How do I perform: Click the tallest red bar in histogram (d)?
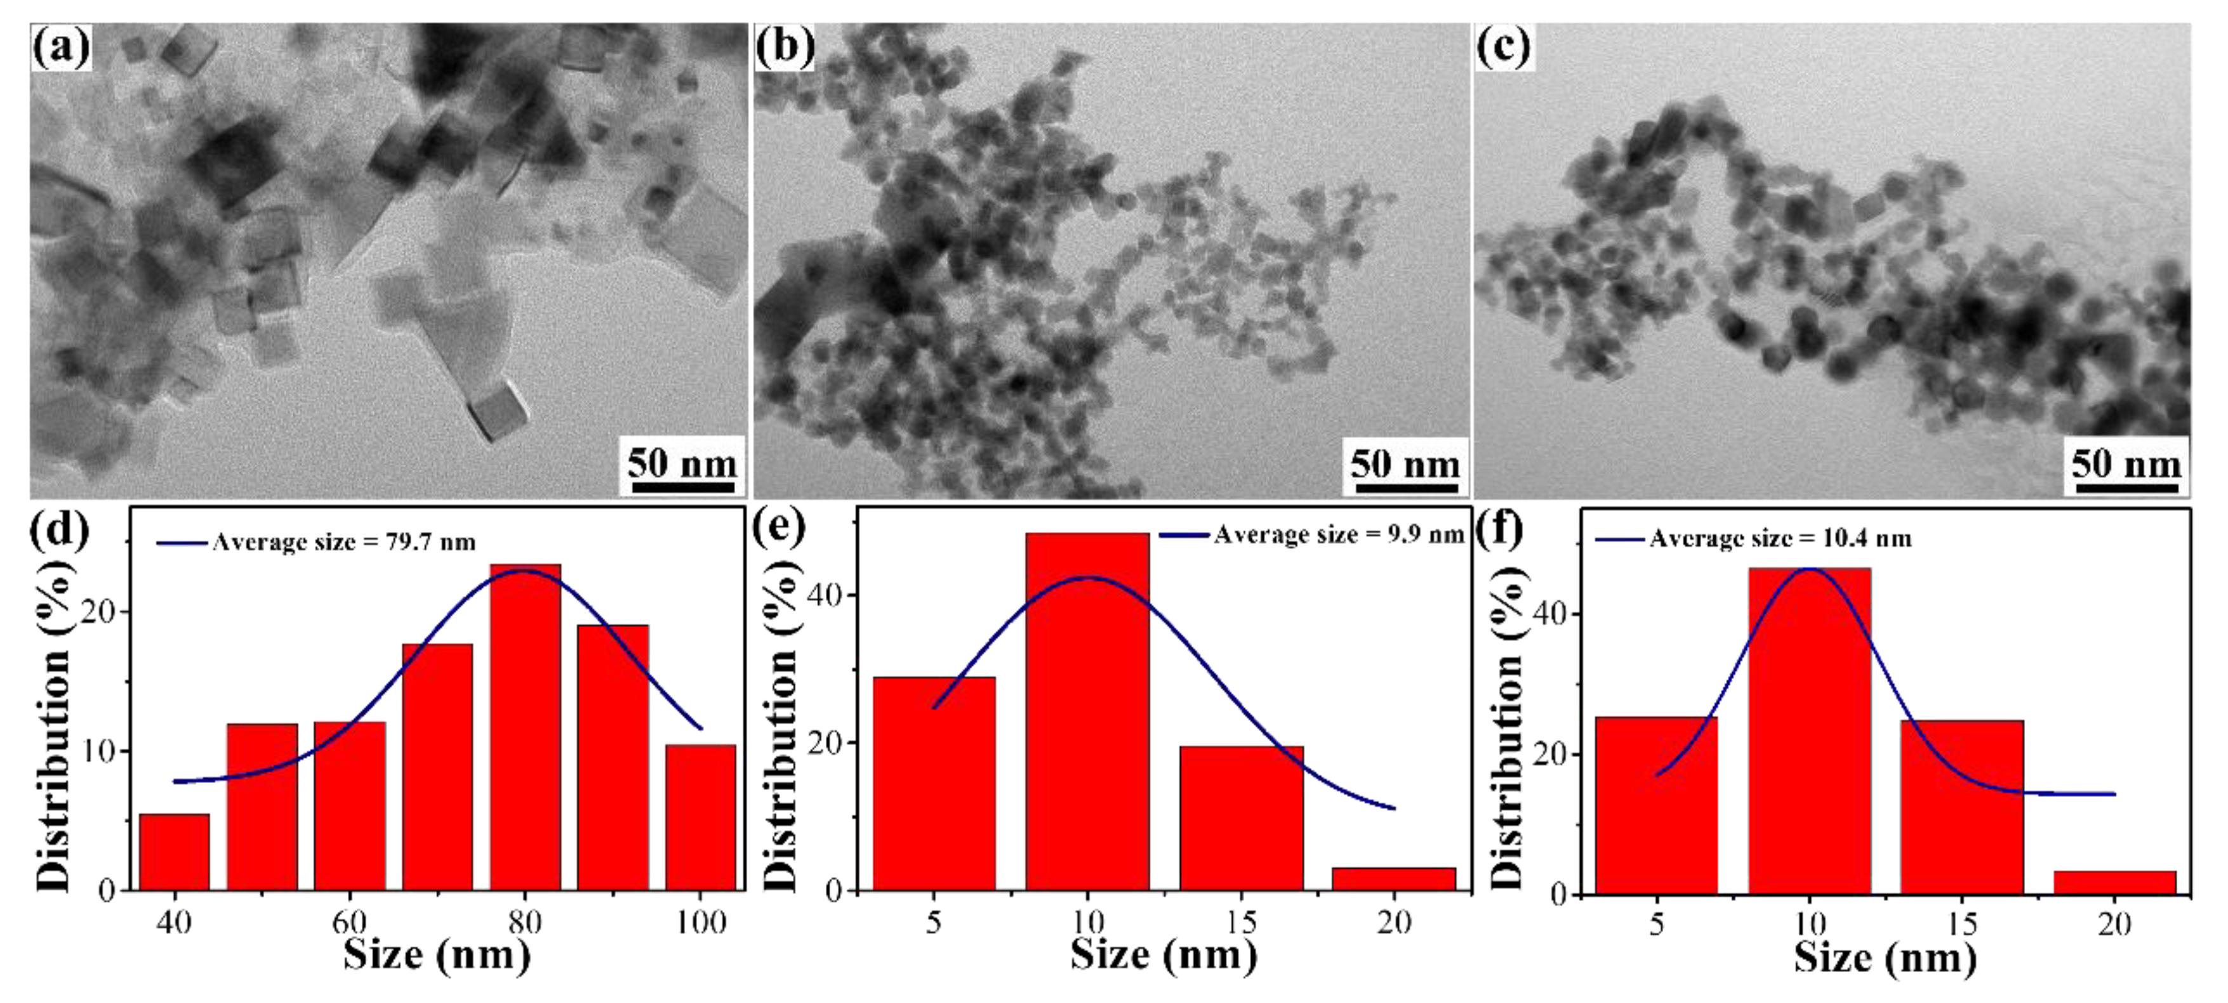coord(525,726)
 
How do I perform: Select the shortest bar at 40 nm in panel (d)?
coord(174,851)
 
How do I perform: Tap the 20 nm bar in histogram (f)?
coord(2115,882)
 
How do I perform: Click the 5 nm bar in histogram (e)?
coord(934,782)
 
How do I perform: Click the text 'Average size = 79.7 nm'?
coord(343,542)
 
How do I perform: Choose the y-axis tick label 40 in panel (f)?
coord(1553,615)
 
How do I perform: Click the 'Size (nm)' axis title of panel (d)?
coord(437,955)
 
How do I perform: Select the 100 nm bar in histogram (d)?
coord(701,817)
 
